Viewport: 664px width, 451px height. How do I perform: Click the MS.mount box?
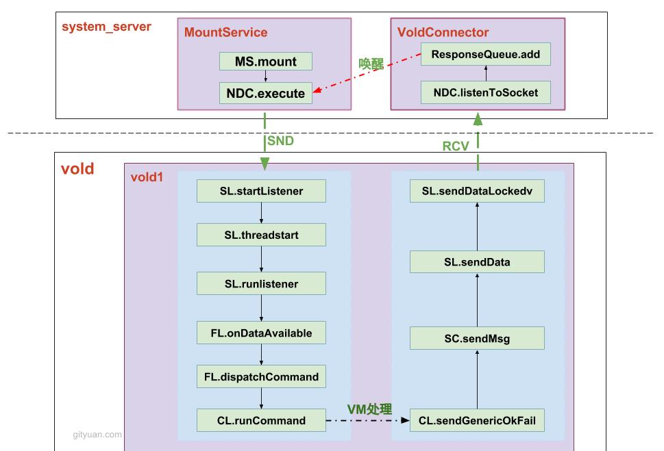[x=266, y=61]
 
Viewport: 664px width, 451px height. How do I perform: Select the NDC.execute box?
[x=266, y=93]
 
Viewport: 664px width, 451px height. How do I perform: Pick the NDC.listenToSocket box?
[x=486, y=92]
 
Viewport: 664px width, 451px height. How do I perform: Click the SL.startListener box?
[x=261, y=191]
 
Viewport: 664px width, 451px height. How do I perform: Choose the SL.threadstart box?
[x=261, y=235]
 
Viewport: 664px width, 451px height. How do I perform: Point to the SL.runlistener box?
[x=261, y=283]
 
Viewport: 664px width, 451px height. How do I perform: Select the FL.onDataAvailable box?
[x=261, y=333]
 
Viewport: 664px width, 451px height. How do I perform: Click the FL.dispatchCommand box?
[x=261, y=376]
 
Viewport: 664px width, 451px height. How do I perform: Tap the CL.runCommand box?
[x=261, y=420]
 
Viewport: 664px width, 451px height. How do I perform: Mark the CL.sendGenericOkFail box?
[x=477, y=420]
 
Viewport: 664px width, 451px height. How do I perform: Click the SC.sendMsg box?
[x=477, y=338]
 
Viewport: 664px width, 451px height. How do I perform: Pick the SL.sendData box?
[x=477, y=261]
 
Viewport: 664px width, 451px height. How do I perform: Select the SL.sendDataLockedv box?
[x=477, y=191]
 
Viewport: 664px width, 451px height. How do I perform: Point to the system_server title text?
[x=106, y=27]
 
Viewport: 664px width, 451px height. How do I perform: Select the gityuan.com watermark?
[x=97, y=434]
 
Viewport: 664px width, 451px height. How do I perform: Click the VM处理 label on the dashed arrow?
[x=369, y=409]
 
